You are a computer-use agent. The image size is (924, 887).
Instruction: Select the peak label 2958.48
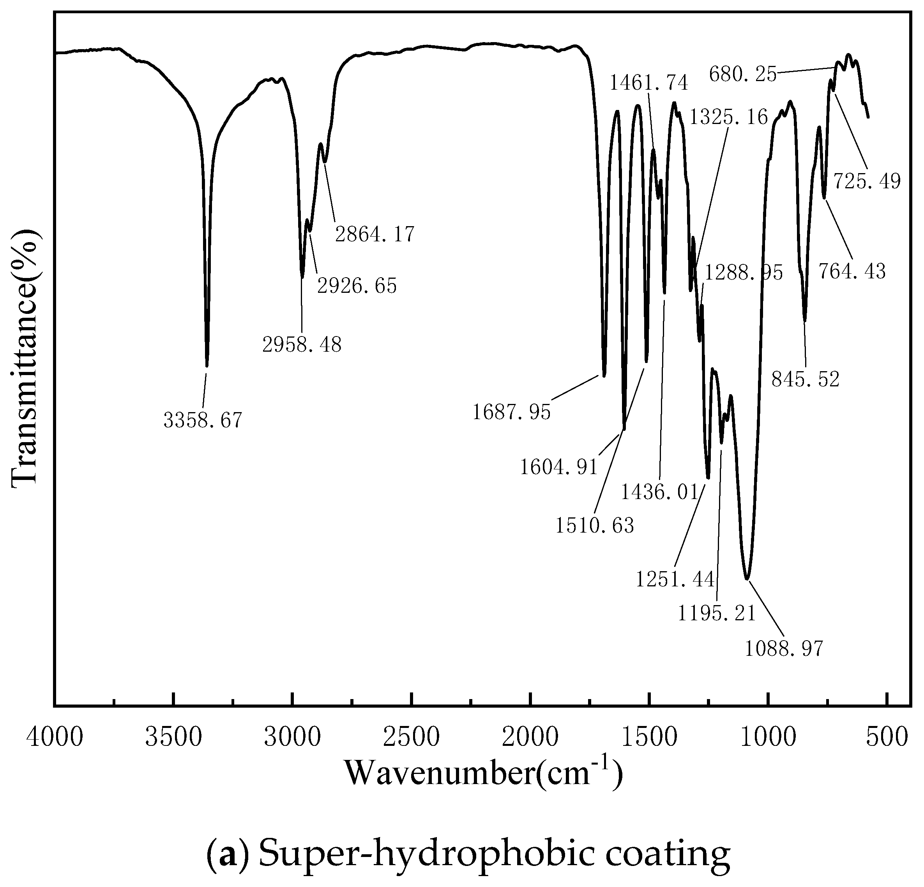302,345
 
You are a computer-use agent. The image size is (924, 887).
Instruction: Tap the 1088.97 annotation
784,649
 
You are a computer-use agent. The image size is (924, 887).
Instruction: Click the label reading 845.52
806,379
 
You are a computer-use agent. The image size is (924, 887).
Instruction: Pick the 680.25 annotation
742,74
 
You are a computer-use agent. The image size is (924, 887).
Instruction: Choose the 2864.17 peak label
375,234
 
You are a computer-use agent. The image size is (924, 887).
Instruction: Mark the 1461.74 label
649,83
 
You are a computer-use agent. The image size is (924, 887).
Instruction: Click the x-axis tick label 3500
173,737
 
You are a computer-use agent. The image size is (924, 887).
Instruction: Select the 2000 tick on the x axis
530,737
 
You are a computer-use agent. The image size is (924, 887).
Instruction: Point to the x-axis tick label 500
887,737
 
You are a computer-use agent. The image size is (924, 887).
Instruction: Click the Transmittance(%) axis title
25,357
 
